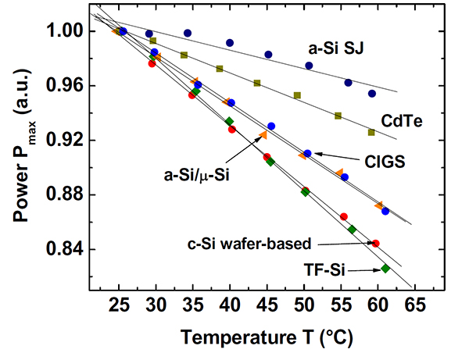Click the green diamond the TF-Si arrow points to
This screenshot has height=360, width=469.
(385, 269)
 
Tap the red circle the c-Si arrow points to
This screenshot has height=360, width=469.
(376, 244)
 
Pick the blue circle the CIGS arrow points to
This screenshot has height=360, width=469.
(307, 153)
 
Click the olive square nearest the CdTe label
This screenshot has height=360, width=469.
(371, 132)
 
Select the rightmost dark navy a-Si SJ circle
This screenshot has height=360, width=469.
(372, 94)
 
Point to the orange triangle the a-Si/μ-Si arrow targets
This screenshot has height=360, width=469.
(263, 135)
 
